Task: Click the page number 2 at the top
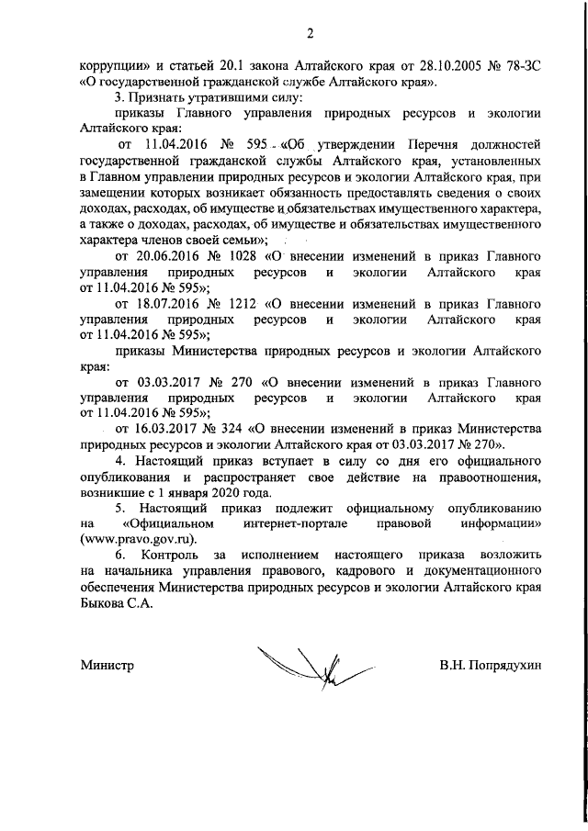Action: (311, 35)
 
